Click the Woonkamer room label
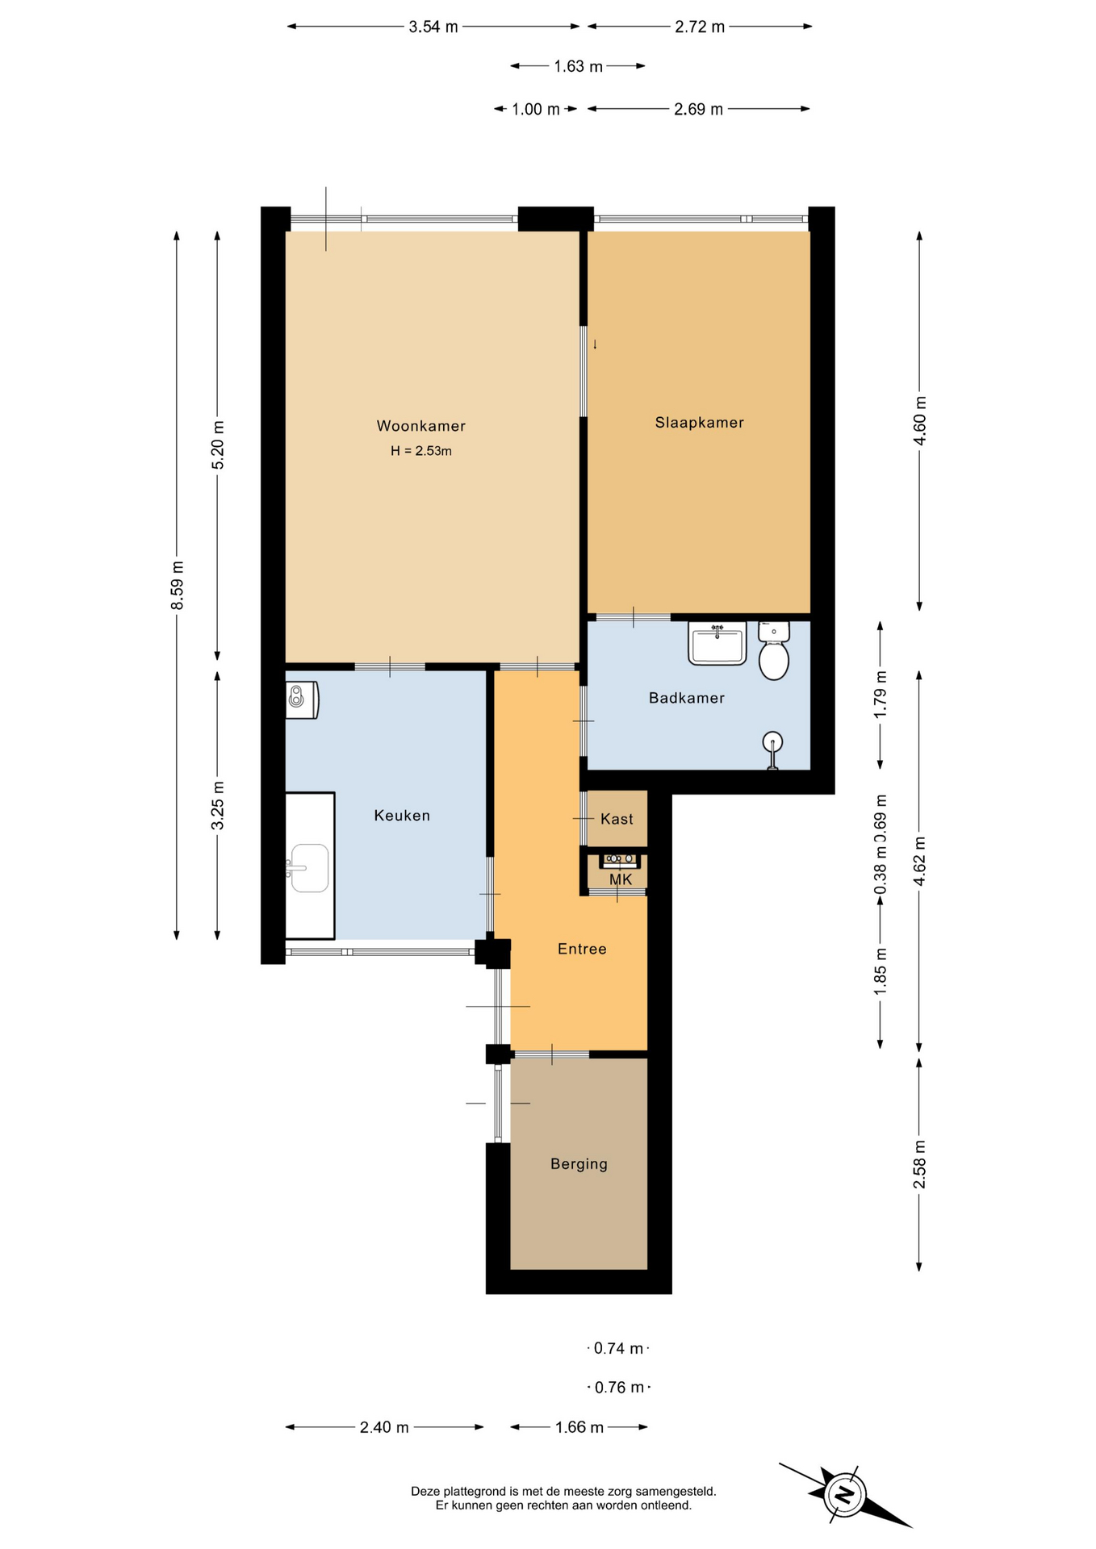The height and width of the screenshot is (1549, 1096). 420,426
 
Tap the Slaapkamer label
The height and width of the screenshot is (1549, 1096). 699,423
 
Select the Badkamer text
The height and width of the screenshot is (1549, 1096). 686,698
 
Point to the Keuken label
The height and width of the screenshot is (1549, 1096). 402,816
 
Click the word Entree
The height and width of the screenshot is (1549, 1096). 582,949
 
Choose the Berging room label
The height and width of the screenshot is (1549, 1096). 579,1164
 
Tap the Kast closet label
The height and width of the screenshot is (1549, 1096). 617,820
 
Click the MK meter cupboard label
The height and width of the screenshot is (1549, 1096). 620,879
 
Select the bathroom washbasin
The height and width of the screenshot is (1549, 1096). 717,643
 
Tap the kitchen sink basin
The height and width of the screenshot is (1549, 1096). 310,868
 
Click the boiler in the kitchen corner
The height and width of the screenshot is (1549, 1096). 302,700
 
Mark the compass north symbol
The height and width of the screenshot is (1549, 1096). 844,1495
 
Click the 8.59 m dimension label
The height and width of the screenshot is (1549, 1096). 178,586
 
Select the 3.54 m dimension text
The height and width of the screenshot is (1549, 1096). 433,27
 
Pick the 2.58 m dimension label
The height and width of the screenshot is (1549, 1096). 919,1165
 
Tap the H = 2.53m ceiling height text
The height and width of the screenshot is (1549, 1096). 421,451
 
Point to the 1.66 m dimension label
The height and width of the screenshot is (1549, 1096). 579,1427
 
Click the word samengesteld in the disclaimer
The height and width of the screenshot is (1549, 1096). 677,1492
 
